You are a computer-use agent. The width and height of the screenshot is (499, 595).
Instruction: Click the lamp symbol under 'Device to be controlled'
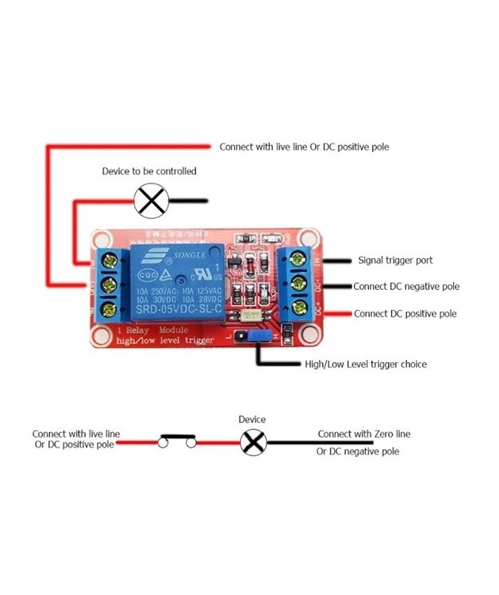[151, 200]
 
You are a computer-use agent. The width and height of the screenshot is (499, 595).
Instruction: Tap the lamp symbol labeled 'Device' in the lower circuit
[253, 443]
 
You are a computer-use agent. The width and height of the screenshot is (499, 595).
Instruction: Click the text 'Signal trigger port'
[395, 260]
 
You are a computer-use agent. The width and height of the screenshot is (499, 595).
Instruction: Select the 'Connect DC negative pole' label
[406, 286]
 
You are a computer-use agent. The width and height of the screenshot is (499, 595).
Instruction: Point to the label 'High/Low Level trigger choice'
[366, 364]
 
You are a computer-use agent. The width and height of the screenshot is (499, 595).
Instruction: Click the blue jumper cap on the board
[257, 338]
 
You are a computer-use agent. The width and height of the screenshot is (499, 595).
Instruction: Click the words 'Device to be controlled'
[149, 171]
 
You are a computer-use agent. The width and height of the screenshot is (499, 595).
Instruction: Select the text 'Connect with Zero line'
[364, 434]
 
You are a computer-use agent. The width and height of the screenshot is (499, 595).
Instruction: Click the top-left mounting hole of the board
[100, 240]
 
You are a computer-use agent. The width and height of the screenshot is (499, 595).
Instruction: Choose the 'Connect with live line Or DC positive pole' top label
[303, 147]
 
